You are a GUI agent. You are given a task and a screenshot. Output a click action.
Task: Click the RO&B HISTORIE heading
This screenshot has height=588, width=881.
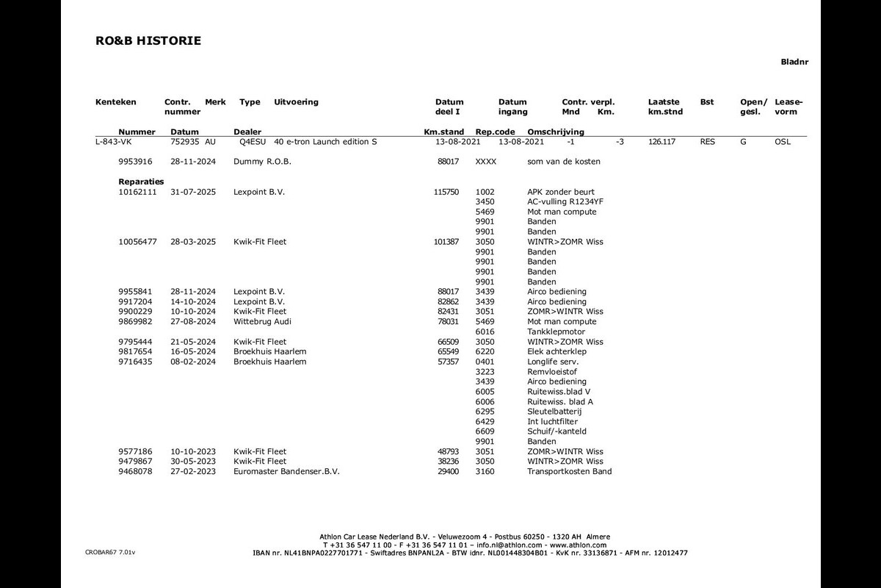148,41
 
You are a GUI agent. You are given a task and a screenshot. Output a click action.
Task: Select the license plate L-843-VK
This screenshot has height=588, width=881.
113,142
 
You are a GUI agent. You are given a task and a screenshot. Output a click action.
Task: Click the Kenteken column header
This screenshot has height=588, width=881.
116,102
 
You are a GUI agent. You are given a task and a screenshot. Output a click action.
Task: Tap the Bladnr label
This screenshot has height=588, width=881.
794,62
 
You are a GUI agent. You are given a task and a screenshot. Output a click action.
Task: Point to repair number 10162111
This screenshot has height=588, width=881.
138,192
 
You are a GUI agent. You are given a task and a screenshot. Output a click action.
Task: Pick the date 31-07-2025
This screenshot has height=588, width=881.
193,192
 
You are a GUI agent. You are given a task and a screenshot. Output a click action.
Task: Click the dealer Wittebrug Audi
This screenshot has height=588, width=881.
262,322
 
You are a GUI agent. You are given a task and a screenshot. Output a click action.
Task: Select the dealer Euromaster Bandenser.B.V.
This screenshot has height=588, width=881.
286,472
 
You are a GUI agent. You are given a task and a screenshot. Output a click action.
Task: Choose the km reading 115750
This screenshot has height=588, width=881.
446,192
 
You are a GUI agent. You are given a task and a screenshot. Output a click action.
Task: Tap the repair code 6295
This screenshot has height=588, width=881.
485,412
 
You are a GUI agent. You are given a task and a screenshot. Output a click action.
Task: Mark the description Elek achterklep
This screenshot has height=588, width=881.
556,352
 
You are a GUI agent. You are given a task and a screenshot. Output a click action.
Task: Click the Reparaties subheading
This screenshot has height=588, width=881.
141,182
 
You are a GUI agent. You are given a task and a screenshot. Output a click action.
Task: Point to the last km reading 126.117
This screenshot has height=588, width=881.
661,142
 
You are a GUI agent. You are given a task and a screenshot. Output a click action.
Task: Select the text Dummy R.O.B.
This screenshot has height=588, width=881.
262,162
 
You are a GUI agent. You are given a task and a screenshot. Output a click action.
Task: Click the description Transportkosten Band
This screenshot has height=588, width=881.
569,472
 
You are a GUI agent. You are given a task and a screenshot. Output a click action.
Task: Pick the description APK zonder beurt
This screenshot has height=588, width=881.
561,192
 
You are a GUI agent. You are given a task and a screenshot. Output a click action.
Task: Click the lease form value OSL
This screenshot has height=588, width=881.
783,142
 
